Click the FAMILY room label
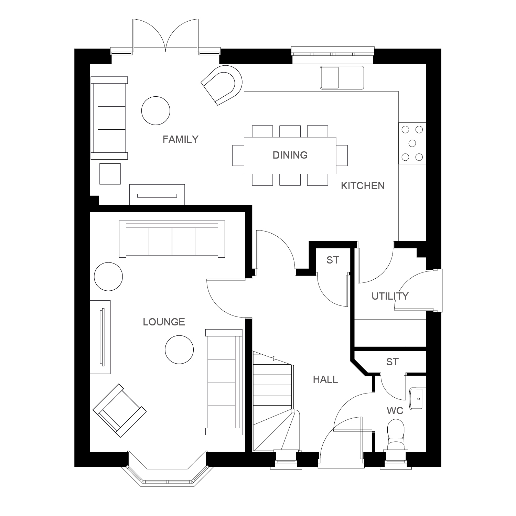pyautogui.click(x=181, y=139)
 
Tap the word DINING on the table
pyautogui.click(x=290, y=155)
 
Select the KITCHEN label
pyautogui.click(x=363, y=186)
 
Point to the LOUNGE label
pyautogui.click(x=164, y=322)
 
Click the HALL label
pyautogui.click(x=325, y=379)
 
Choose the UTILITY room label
pyautogui.click(x=390, y=296)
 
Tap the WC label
pyautogui.click(x=395, y=411)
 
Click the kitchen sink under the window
pyautogui.click(x=342, y=77)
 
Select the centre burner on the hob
pyautogui.click(x=412, y=143)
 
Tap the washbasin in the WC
pyautogui.click(x=418, y=399)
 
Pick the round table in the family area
pyautogui.click(x=156, y=111)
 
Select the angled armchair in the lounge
pyautogui.click(x=119, y=411)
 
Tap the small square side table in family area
pyautogui.click(x=110, y=174)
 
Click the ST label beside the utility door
pyautogui.click(x=333, y=260)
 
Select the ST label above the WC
pyautogui.click(x=392, y=362)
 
